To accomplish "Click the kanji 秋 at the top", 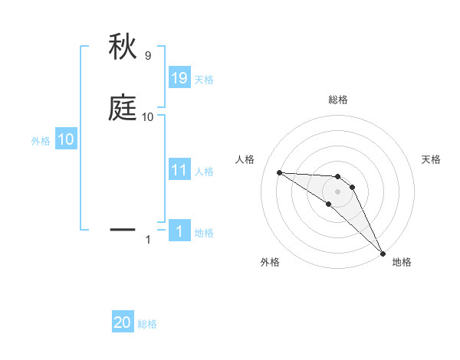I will (123, 47).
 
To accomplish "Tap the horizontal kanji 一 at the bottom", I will (123, 229).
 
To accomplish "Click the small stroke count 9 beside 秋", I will (147, 56).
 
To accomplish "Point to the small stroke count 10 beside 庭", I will (147, 117).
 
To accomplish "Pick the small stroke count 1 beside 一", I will (148, 240).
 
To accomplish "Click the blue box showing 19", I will (179, 78).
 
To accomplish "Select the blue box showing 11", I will (179, 170).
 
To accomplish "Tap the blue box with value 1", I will (179, 231).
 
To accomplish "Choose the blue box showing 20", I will (123, 322).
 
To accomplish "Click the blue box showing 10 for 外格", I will (66, 139).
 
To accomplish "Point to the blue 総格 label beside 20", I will (147, 324).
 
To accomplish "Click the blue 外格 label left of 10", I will (40, 140).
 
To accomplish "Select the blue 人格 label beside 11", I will (204, 172).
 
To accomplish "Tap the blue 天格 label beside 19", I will (204, 80).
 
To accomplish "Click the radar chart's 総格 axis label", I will (337, 100).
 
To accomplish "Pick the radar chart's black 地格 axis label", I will (402, 263).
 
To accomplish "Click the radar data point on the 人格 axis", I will (279, 172).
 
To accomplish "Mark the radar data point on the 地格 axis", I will (382, 253).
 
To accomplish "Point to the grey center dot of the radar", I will (337, 191).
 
